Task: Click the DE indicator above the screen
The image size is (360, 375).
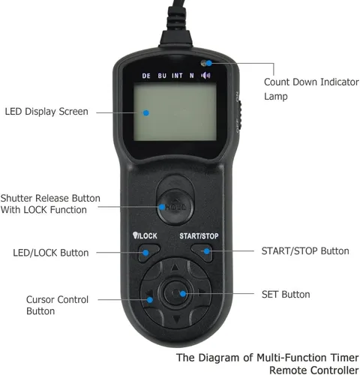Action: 146,76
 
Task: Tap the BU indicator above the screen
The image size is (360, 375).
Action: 162,76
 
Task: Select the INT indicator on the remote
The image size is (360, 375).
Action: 177,76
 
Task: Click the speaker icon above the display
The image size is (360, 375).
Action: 205,75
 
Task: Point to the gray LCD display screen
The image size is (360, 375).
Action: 175,112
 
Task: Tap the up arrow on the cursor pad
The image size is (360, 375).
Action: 175,267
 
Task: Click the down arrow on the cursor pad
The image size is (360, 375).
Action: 176,319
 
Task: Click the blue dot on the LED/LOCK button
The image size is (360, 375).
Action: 145,253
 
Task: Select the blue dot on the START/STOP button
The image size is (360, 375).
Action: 207,251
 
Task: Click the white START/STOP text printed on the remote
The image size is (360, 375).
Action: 199,236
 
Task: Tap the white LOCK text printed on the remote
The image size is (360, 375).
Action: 148,235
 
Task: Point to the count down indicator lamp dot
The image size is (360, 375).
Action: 209,63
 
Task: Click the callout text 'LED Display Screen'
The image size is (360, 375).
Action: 46,112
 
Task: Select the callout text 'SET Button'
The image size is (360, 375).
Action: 286,295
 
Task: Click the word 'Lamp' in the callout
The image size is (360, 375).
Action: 276,97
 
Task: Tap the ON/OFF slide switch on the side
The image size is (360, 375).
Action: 239,115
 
